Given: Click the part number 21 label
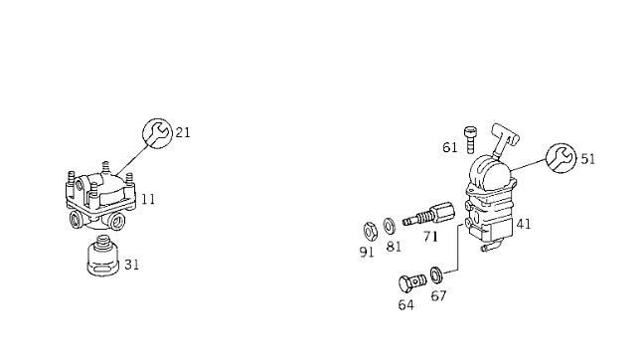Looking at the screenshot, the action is tap(183, 132).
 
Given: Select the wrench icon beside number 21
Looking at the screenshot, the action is tap(157, 133).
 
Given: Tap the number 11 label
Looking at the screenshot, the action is tap(148, 200).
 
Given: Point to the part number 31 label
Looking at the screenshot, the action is tap(132, 265).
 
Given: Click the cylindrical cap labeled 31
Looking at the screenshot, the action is tap(103, 256).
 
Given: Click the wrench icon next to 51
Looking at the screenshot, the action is tap(562, 158).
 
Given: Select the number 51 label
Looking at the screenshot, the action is tap(588, 159).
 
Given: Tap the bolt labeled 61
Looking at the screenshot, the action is tap(470, 140).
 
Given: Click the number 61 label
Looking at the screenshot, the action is tap(450, 147).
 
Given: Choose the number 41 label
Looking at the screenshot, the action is tap(524, 224).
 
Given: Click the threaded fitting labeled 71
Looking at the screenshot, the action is tap(428, 214).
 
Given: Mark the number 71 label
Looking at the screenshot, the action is tap(430, 237).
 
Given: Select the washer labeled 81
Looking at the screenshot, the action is tap(390, 226).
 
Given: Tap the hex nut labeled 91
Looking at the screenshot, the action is tap(370, 232).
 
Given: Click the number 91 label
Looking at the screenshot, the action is tap(367, 253).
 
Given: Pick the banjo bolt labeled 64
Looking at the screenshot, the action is tap(412, 283).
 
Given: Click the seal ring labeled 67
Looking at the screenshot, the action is tap(436, 274).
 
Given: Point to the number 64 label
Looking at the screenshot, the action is tap(405, 305).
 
